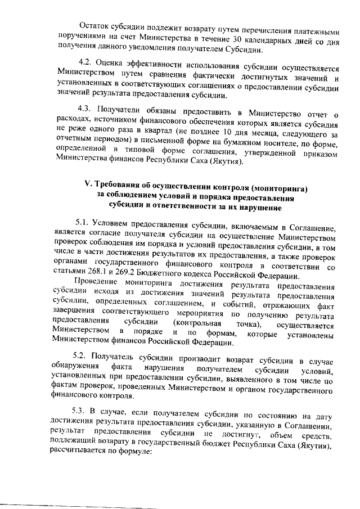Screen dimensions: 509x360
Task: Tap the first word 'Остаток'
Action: pos(94,26)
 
